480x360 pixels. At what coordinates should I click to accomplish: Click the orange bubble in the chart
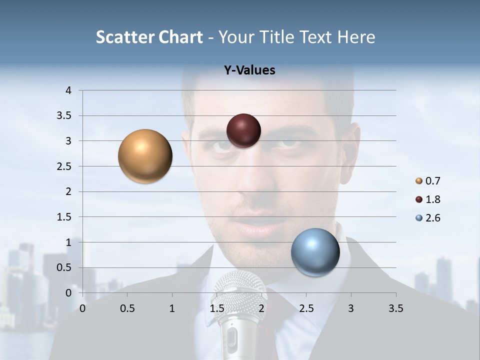click(x=145, y=156)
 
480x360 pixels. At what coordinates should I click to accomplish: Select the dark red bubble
click(x=243, y=130)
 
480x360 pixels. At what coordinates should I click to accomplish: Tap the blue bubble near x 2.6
click(x=315, y=252)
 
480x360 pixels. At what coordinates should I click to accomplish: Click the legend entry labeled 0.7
click(x=432, y=181)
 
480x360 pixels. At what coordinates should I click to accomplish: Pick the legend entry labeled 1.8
click(x=432, y=199)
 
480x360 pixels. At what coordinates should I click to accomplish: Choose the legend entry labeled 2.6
click(x=432, y=218)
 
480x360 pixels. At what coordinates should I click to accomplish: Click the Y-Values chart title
click(x=249, y=70)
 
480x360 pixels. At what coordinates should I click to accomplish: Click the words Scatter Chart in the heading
click(x=149, y=37)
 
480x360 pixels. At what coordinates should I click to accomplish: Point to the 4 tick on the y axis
click(x=68, y=90)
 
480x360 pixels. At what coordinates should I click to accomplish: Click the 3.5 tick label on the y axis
click(x=64, y=116)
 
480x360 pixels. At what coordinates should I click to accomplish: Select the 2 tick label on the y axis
click(x=68, y=191)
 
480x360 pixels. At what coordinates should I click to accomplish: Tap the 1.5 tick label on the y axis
click(x=64, y=217)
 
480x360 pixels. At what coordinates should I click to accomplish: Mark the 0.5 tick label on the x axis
click(x=127, y=308)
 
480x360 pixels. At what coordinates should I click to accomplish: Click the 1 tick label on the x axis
click(x=172, y=308)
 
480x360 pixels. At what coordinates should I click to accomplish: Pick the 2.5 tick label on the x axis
click(x=306, y=308)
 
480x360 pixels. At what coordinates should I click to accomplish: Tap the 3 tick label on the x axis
click(x=350, y=308)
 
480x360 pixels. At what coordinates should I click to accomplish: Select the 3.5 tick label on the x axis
click(x=395, y=308)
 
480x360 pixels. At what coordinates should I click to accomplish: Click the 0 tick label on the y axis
click(x=68, y=293)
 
